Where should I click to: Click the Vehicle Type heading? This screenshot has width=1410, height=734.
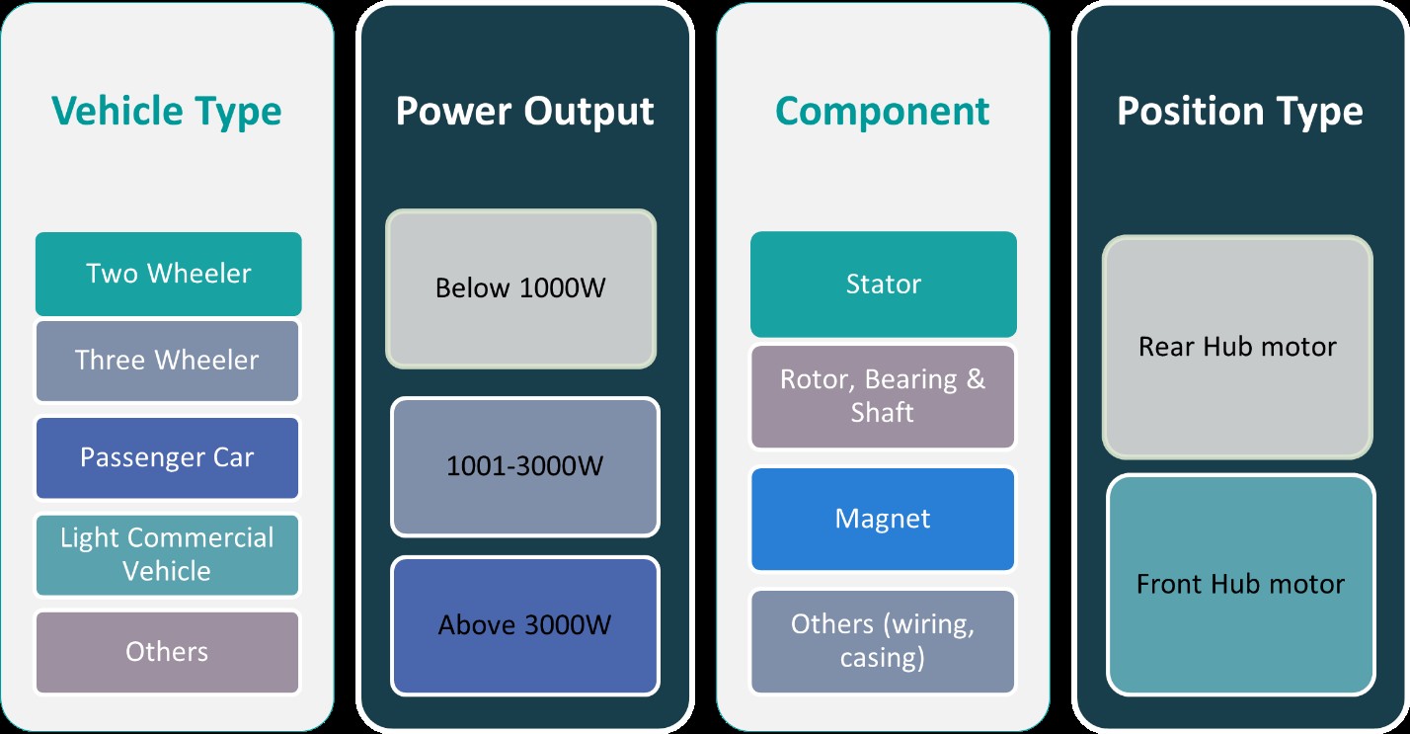point(166,111)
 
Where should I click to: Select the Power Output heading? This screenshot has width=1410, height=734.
point(524,111)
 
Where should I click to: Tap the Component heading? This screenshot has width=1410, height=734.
point(883,111)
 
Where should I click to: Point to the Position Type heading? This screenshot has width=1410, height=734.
point(1239,111)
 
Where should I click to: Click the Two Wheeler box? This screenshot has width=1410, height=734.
point(168,274)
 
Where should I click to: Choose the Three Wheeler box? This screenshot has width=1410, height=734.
point(167,360)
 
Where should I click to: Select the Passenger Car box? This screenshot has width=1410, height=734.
point(167,457)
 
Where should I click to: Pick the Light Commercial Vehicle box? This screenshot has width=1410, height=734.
point(167,554)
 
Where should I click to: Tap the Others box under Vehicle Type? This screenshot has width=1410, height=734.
point(167,652)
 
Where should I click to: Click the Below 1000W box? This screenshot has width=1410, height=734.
point(520,288)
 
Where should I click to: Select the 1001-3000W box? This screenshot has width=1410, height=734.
point(524,466)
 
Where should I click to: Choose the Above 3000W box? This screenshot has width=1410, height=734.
point(524,625)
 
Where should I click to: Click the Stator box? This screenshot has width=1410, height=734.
point(883,285)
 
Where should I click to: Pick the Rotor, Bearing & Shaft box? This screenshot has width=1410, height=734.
point(883,396)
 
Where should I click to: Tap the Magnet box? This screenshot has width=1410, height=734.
point(883,519)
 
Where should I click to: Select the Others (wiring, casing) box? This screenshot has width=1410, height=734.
point(883,640)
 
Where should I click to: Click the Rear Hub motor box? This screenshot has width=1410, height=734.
point(1237,347)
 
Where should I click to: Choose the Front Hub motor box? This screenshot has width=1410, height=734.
point(1240,584)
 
